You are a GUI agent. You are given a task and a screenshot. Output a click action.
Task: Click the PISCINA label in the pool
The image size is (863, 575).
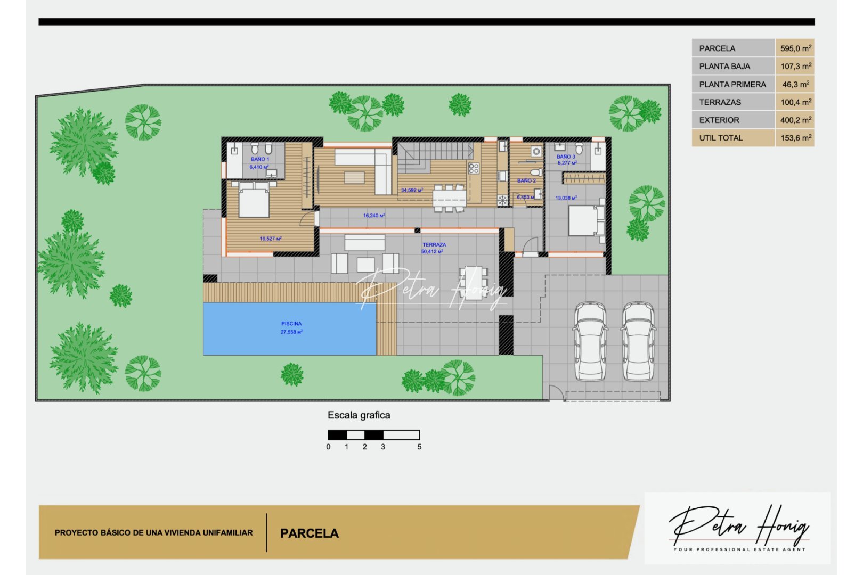tap(291, 324)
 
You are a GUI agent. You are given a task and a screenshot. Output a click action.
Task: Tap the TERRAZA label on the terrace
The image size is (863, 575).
tap(434, 245)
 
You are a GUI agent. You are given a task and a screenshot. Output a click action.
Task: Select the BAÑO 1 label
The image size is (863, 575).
tap(260, 159)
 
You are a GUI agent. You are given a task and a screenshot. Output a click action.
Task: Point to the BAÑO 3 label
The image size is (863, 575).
tap(566, 157)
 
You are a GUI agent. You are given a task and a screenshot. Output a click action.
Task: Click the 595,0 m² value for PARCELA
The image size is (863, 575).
tap(795, 48)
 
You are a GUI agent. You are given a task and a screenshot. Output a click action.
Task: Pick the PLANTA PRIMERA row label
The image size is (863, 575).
tap(732, 84)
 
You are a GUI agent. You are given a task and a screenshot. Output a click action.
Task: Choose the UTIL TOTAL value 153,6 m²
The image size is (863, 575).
tap(795, 138)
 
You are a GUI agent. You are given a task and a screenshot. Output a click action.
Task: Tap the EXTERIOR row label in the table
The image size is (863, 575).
tap(719, 120)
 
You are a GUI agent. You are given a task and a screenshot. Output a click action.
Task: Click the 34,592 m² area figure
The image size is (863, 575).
tap(412, 190)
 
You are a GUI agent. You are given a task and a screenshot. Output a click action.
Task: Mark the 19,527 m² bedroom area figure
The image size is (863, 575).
tap(271, 239)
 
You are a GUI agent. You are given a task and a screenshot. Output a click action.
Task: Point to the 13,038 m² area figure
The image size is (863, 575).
tap(566, 198)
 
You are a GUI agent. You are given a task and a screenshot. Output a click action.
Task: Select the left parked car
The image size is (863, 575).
tap(590, 341)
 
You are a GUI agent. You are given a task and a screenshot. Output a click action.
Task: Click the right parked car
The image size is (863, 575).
tap(639, 341)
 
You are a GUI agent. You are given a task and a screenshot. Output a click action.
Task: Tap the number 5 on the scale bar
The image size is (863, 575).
tap(419, 447)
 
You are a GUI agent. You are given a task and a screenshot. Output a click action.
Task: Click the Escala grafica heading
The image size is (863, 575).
tap(359, 415)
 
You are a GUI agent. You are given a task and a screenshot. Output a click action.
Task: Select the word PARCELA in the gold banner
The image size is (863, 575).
tap(310, 533)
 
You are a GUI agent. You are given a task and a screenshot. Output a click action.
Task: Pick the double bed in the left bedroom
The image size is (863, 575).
tap(254, 200)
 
